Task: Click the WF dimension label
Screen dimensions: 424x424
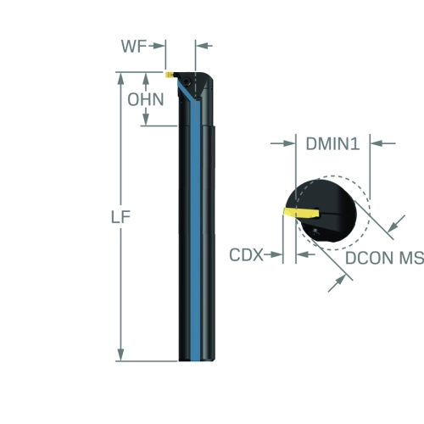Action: click(134, 46)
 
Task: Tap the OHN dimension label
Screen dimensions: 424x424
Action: click(146, 99)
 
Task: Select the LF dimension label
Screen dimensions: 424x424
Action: click(120, 217)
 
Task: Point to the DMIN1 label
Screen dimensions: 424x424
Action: click(332, 143)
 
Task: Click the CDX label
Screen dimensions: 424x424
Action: click(246, 254)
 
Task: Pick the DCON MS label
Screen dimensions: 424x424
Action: click(384, 258)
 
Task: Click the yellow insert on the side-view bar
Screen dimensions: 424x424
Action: click(170, 75)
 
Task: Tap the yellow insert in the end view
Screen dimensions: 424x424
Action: click(301, 213)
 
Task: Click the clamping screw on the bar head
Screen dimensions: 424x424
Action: click(187, 82)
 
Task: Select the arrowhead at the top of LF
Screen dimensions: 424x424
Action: click(120, 79)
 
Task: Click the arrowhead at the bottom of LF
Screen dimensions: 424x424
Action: click(120, 355)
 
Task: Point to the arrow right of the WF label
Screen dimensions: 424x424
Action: click(156, 46)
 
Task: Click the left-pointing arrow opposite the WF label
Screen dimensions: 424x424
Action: click(204, 46)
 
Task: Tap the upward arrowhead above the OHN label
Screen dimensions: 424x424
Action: click(146, 79)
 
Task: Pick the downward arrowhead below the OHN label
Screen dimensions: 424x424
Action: click(146, 118)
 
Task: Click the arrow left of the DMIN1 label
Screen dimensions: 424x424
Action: click(282, 143)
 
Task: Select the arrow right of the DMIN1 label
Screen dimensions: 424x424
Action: click(382, 143)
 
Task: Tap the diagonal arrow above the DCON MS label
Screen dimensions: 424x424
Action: click(396, 224)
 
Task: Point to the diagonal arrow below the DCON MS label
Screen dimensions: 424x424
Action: click(337, 283)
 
